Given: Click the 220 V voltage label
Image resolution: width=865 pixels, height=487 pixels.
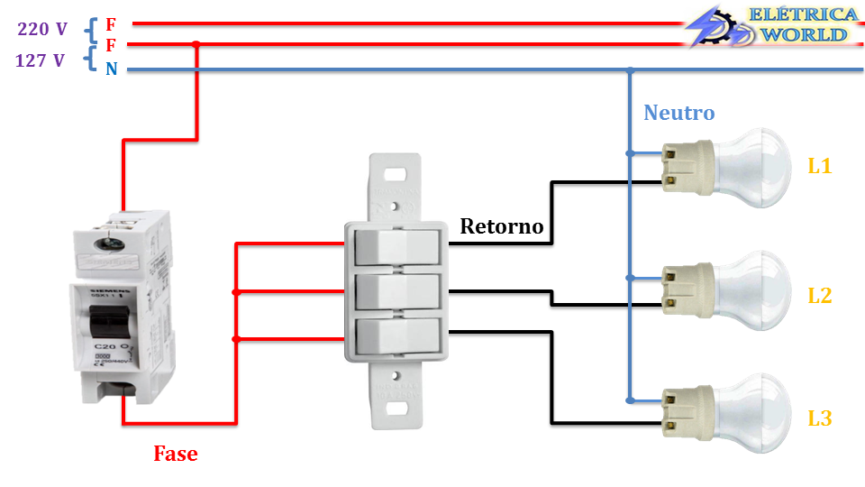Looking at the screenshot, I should tap(42, 29).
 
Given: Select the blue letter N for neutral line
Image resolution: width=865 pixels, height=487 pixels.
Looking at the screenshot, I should tap(111, 69).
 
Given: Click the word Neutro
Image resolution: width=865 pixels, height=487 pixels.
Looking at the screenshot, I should tap(678, 113).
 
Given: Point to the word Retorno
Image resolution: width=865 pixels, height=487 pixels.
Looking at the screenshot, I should tap(502, 225).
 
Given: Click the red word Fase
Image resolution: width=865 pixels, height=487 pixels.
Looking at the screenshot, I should tap(175, 454).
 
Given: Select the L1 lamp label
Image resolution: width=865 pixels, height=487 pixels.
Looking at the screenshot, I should tap(819, 166).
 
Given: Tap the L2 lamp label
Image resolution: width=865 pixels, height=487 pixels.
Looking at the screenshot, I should tap(819, 295).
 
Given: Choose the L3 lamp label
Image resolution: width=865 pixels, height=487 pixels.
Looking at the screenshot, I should tap(819, 418).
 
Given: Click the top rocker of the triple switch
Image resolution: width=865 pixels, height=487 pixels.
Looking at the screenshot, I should tap(396, 245).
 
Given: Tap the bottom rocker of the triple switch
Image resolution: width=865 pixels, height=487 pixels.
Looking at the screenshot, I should tap(396, 337).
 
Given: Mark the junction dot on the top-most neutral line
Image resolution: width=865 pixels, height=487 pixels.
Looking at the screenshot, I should tap(631, 69).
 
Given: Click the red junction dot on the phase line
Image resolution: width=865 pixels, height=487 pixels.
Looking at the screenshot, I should tap(196, 44).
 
